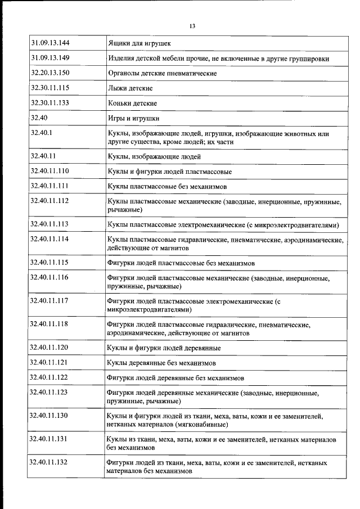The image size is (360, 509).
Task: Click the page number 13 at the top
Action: click(x=192, y=26)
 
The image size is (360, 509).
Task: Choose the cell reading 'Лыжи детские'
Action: click(x=129, y=88)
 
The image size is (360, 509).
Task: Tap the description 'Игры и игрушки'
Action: click(x=133, y=119)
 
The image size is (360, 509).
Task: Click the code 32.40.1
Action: click(x=42, y=134)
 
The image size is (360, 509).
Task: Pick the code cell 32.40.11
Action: click(x=43, y=156)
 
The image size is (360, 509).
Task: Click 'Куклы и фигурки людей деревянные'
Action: click(x=163, y=348)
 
